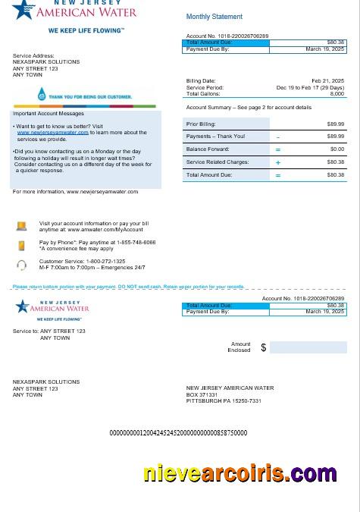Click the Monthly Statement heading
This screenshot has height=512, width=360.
(214, 17)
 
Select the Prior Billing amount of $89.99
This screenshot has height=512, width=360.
(335, 124)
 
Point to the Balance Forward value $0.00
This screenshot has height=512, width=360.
(337, 149)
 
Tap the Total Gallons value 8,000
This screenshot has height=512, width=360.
(337, 93)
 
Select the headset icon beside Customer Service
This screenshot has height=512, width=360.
(22, 265)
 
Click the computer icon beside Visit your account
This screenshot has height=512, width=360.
(22, 226)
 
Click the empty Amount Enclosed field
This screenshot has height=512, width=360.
(308, 347)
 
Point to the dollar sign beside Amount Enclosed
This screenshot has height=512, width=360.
(264, 347)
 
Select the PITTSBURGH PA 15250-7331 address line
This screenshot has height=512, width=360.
(224, 401)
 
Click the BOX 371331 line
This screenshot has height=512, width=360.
(202, 394)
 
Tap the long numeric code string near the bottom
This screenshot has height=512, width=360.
(178, 433)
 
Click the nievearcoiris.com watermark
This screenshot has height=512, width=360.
(239, 474)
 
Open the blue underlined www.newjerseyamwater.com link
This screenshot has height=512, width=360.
(53, 132)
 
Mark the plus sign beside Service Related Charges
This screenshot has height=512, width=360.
(278, 162)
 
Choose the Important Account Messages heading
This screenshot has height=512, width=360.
(49, 114)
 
